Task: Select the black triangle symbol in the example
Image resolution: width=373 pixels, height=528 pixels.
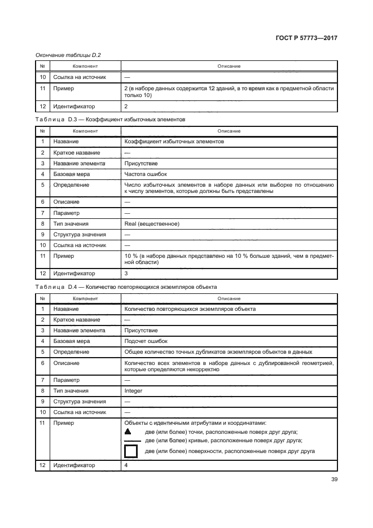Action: [128, 430]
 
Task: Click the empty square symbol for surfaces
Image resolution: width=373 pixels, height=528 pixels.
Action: [130, 451]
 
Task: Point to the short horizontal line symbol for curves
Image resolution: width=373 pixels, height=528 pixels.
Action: [131, 441]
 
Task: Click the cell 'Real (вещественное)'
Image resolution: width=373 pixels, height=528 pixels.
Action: [151, 224]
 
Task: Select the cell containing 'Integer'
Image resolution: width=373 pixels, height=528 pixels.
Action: [133, 390]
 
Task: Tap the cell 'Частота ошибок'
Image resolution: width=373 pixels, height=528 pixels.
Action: [145, 174]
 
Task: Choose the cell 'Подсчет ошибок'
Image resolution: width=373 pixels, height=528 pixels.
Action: [146, 341]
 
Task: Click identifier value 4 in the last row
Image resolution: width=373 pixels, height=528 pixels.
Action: [126, 465]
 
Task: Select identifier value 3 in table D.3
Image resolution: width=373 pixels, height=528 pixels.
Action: [126, 274]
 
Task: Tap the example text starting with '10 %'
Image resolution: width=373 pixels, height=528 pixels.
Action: [229, 259]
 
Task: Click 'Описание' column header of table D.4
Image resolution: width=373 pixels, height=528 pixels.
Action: [229, 298]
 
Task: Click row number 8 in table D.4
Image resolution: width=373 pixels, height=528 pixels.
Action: [42, 390]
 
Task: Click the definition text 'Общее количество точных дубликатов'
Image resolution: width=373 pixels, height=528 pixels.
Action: [217, 352]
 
